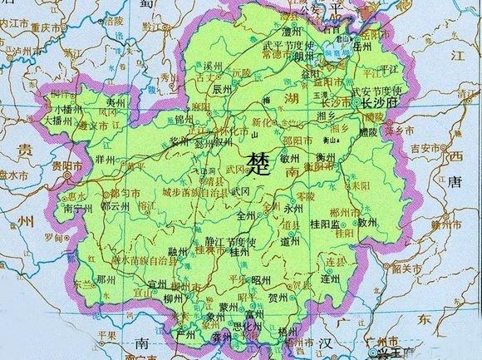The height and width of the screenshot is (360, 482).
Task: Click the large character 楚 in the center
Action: (x=258, y=160)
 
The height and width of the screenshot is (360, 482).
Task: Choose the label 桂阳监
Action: (x=326, y=224)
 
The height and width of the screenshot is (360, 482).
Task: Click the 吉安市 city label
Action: (x=429, y=149)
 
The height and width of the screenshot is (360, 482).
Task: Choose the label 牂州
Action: (x=106, y=158)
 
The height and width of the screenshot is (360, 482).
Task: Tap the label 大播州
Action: (x=64, y=119)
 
